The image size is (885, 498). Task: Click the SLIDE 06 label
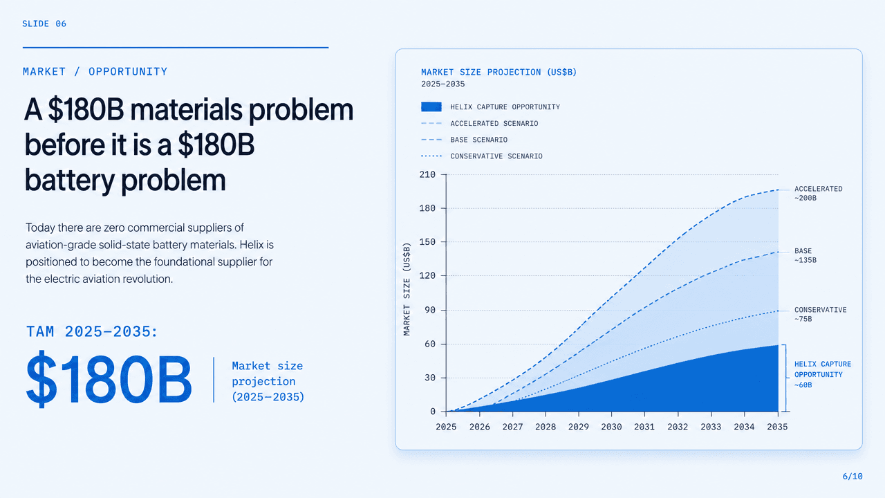pos(44,24)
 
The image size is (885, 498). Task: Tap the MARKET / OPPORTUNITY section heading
pos(95,71)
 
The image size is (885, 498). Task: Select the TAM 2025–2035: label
pos(92,331)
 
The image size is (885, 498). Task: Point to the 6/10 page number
pos(853,477)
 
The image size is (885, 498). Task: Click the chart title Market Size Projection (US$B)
pos(499,73)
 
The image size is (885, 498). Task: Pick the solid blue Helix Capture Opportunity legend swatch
pos(431,107)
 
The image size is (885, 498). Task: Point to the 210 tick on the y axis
pos(427,174)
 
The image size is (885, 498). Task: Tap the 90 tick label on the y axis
pos(430,310)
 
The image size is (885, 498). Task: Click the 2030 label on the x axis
pos(611,427)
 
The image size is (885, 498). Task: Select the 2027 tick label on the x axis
pos(512,427)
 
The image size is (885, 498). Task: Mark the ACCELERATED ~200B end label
pos(818,193)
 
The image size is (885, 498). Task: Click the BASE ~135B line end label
pos(805,255)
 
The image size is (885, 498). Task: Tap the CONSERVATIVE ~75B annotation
pos(821,314)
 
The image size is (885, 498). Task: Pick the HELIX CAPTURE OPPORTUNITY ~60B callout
pos(823,374)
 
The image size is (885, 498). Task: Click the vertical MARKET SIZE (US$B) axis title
pos(407,289)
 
